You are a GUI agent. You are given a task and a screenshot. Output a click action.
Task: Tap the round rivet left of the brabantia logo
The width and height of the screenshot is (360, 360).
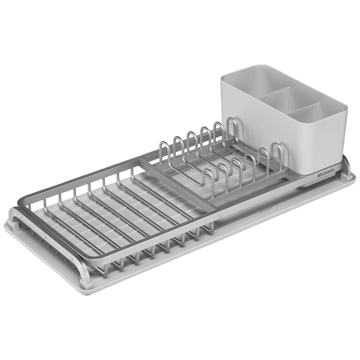click(x=305, y=181)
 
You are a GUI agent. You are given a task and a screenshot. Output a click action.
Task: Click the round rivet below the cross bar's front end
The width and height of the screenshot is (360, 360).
click(x=221, y=214)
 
